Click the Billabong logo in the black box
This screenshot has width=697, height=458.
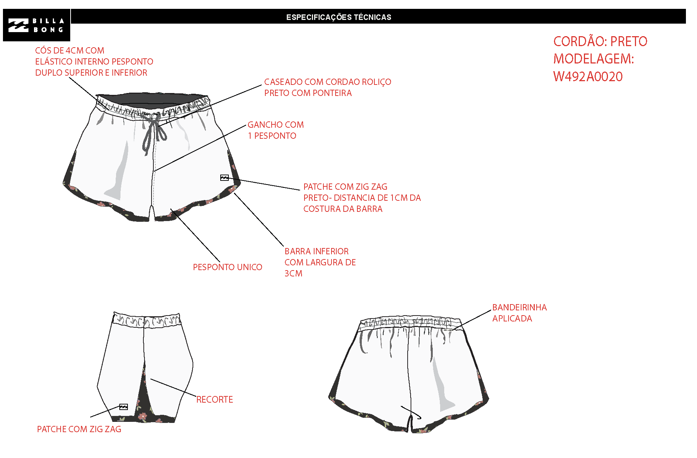click(36, 25)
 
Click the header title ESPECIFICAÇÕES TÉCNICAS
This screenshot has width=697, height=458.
click(339, 17)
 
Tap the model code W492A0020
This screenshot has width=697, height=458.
click(588, 77)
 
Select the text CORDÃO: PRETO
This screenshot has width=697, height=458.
click(600, 41)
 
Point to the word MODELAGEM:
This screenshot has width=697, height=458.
click(594, 59)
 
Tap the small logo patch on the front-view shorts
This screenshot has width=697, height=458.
click(224, 178)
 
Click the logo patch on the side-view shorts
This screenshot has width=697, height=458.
click(123, 407)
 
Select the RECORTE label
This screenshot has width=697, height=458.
click(215, 400)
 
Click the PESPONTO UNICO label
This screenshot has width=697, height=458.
click(228, 267)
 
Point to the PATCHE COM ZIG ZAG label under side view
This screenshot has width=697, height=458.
click(79, 429)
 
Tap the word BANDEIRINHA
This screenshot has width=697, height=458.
click(520, 307)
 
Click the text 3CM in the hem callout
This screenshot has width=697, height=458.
click(293, 273)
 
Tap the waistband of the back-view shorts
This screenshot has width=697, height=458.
click(410, 323)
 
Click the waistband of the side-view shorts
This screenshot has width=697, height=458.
click(146, 320)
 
